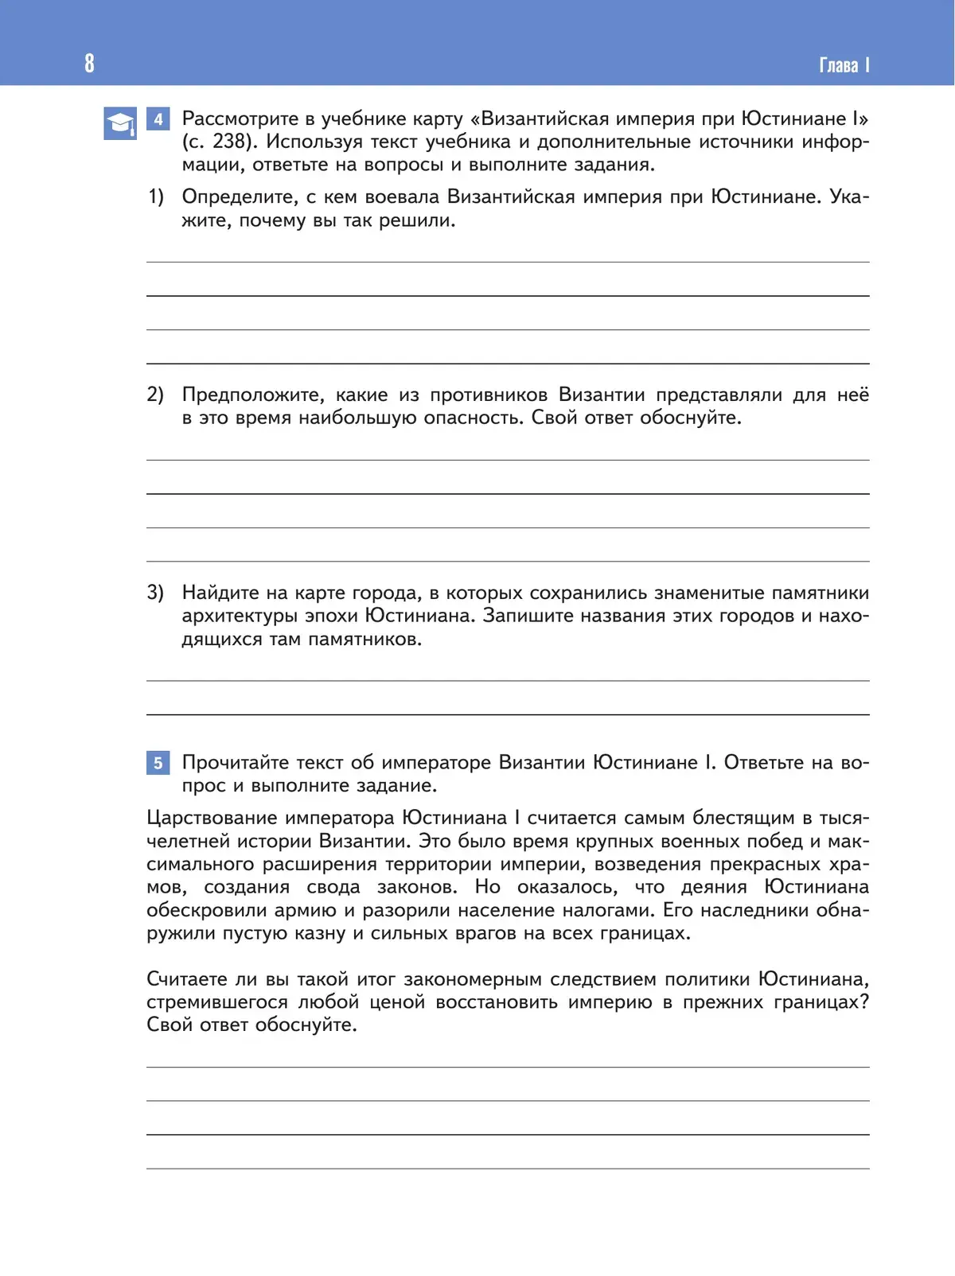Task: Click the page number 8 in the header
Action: coord(89,63)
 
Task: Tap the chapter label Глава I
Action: coord(844,65)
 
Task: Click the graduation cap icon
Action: coord(120,123)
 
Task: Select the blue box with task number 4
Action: coord(158,119)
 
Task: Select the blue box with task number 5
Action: coord(158,763)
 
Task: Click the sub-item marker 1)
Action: coord(156,196)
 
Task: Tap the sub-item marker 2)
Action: coord(155,395)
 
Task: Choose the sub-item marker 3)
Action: coord(155,593)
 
